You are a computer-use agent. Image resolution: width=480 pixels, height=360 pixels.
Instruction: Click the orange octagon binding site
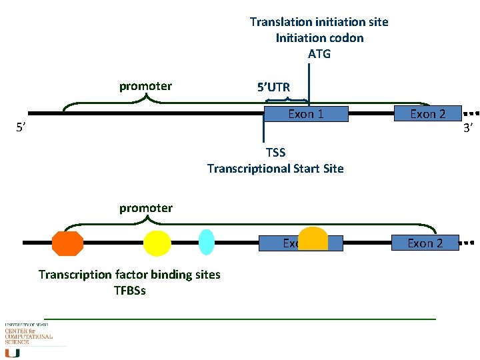68,243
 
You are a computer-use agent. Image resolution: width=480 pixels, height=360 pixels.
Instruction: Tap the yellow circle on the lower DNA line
157,243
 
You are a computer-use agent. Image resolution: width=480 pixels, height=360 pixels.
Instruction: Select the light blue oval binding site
207,243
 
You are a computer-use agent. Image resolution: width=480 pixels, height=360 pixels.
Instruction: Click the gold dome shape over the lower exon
313,239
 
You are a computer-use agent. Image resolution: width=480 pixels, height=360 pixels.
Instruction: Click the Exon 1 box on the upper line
306,114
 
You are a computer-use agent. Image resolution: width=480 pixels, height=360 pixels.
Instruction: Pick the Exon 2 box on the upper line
427,114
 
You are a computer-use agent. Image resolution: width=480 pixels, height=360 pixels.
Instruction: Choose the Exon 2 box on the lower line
425,243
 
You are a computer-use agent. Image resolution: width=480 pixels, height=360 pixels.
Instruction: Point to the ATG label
319,54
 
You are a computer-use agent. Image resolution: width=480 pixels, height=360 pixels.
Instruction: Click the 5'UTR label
273,87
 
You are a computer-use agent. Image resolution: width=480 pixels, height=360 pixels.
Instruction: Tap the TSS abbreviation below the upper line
275,153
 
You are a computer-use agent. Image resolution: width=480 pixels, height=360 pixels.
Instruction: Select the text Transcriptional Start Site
275,169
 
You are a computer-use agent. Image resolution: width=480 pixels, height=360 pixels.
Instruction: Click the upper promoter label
145,86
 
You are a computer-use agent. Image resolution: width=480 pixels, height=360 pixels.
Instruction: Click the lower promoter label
145,208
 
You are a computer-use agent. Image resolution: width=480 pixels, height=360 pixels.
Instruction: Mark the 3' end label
468,127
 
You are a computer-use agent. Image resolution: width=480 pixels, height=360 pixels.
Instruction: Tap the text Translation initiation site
319,22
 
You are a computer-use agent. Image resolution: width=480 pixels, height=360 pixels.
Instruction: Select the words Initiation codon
319,38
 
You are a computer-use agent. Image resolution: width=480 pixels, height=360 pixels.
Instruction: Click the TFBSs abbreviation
129,291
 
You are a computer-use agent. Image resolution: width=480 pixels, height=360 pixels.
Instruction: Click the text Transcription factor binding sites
129,275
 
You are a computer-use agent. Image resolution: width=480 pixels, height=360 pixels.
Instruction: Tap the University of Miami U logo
13,352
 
